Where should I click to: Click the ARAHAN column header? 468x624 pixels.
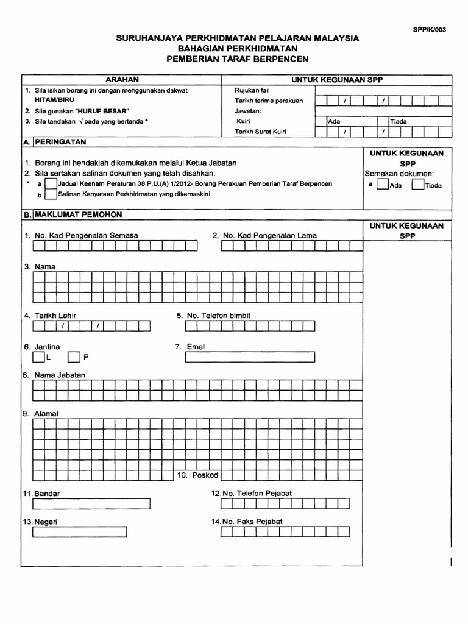coord(122,80)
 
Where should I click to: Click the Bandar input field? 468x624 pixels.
coord(80,504)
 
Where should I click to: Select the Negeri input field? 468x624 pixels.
coord(80,532)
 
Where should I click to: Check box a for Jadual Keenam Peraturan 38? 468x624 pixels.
coord(51,184)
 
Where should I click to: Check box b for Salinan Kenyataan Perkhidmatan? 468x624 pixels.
coord(51,195)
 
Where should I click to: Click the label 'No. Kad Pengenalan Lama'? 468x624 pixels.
coord(264,235)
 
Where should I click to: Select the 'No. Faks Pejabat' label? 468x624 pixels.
coord(247,522)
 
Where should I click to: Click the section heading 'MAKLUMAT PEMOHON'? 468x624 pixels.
coord(79,214)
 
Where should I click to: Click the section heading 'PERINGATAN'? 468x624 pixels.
coord(61,141)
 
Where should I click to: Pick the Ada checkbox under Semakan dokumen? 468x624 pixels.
coord(383,185)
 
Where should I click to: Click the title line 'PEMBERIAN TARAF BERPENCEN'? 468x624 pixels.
coord(238,59)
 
